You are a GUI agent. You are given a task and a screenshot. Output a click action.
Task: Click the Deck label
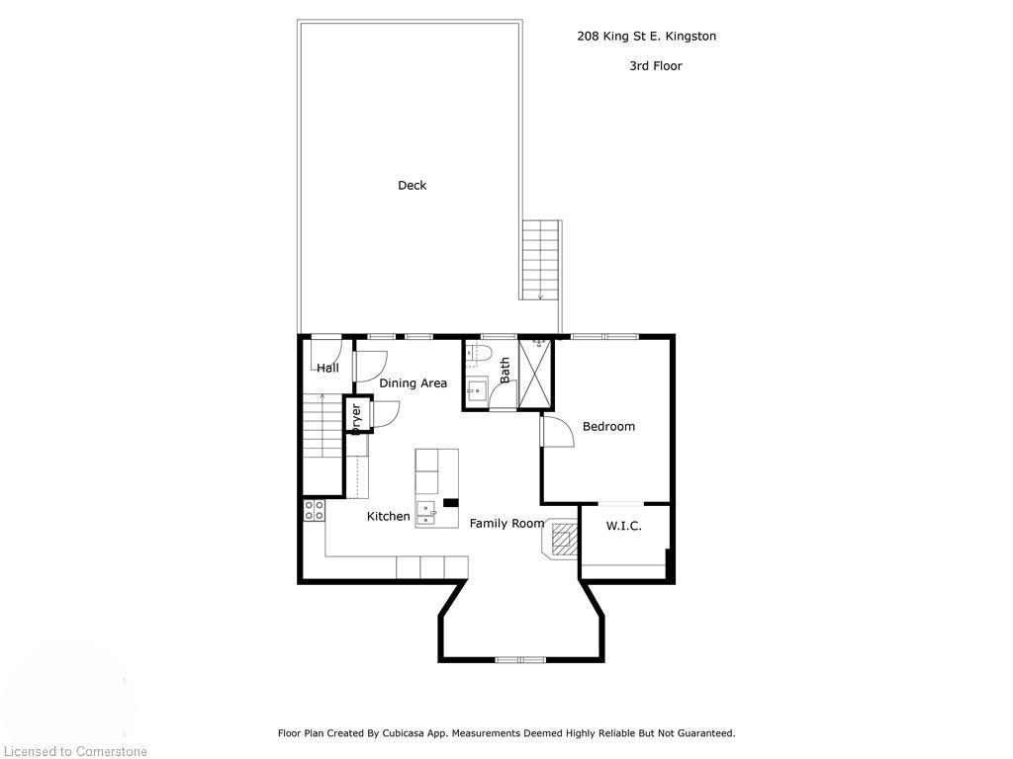tap(412, 185)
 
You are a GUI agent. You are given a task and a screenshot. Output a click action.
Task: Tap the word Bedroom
tap(608, 426)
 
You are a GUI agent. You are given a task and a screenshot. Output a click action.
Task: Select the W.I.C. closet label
tap(623, 526)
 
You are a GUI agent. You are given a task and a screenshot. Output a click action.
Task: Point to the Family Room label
tap(506, 523)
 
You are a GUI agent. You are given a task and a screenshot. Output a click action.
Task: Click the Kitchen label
tap(388, 516)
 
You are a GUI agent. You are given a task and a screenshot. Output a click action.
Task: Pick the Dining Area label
tap(413, 383)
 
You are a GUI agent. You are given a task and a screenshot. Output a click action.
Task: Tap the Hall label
tap(327, 368)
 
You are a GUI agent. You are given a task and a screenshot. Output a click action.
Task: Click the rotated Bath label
tap(505, 371)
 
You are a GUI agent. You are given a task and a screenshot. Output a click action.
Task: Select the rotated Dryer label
tap(356, 416)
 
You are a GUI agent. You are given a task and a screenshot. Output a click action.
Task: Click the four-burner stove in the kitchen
tap(315, 511)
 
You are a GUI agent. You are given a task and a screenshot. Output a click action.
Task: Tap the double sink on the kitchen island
tap(427, 511)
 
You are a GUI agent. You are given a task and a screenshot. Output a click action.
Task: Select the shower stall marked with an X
tap(535, 374)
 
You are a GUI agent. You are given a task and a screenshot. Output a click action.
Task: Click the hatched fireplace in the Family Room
tap(562, 540)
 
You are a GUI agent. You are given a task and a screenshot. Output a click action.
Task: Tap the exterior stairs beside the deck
tap(540, 260)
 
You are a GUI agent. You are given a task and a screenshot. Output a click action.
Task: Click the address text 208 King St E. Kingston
tap(646, 37)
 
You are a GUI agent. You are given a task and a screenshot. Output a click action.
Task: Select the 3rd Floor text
tap(655, 66)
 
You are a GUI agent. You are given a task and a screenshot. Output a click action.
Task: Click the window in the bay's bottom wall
tap(520, 659)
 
